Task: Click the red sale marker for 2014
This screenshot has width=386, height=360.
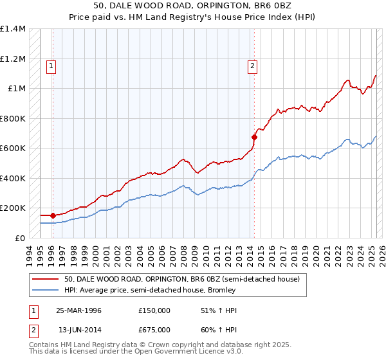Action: [254, 137]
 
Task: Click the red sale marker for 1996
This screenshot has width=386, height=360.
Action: [52, 215]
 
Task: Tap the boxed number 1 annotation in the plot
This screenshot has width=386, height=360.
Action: [51, 65]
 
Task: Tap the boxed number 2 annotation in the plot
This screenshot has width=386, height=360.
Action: [253, 65]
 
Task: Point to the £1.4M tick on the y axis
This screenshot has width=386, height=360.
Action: [13, 29]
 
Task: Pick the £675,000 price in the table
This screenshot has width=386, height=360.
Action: [154, 330]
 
